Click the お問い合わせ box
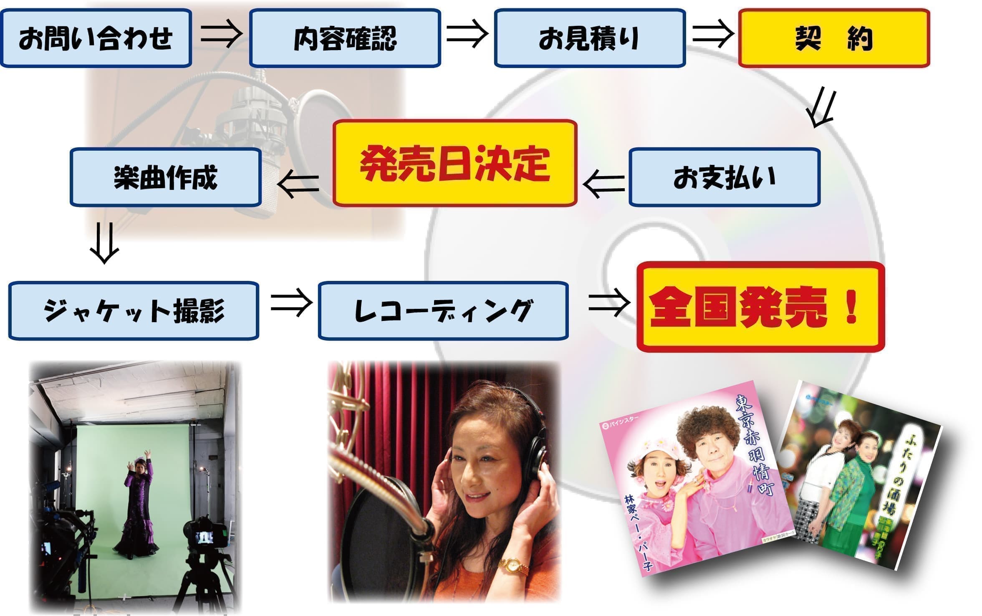coord(96,38)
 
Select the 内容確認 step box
coord(345,38)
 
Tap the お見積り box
coord(589,38)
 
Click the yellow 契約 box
coord(834,38)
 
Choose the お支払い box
coord(724,177)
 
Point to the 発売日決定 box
coord(454,163)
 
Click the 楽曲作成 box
coord(165,177)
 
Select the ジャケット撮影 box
coord(134,311)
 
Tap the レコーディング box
coord(443,311)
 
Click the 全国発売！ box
coord(760,307)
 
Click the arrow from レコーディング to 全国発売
coord(609,303)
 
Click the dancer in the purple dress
coord(136,505)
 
